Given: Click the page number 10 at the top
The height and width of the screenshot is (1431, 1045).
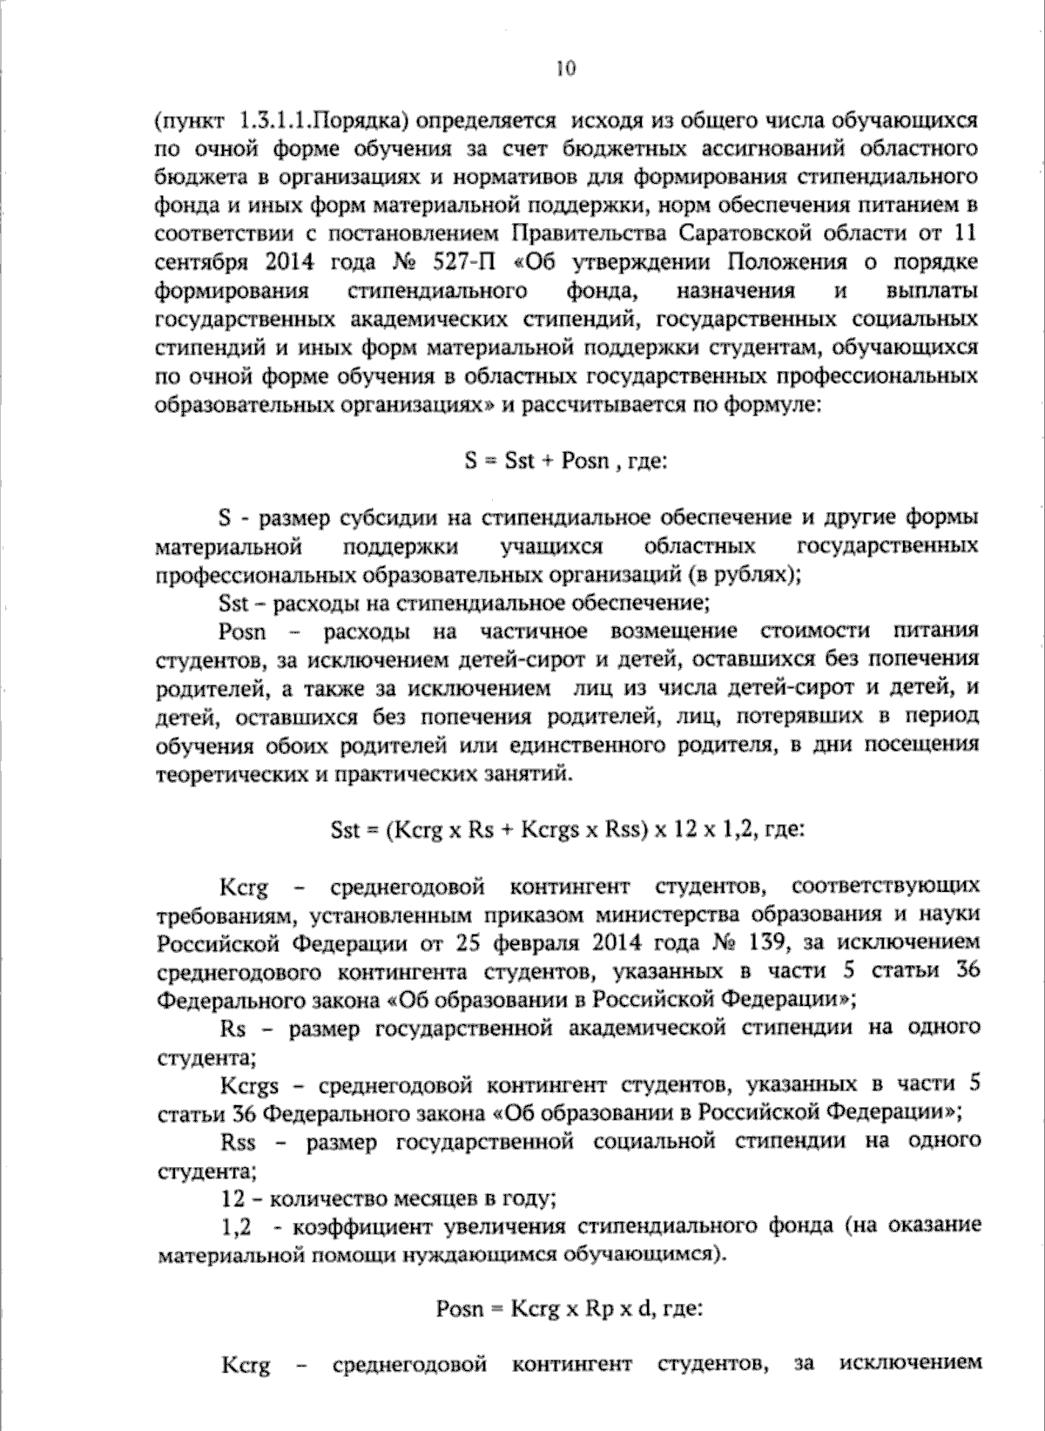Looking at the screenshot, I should [x=565, y=69].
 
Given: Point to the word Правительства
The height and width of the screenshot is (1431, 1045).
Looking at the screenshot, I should [x=590, y=233].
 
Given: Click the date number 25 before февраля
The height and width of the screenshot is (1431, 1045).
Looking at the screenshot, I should [x=466, y=943].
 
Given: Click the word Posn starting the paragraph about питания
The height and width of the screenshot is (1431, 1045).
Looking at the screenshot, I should [x=242, y=631].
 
